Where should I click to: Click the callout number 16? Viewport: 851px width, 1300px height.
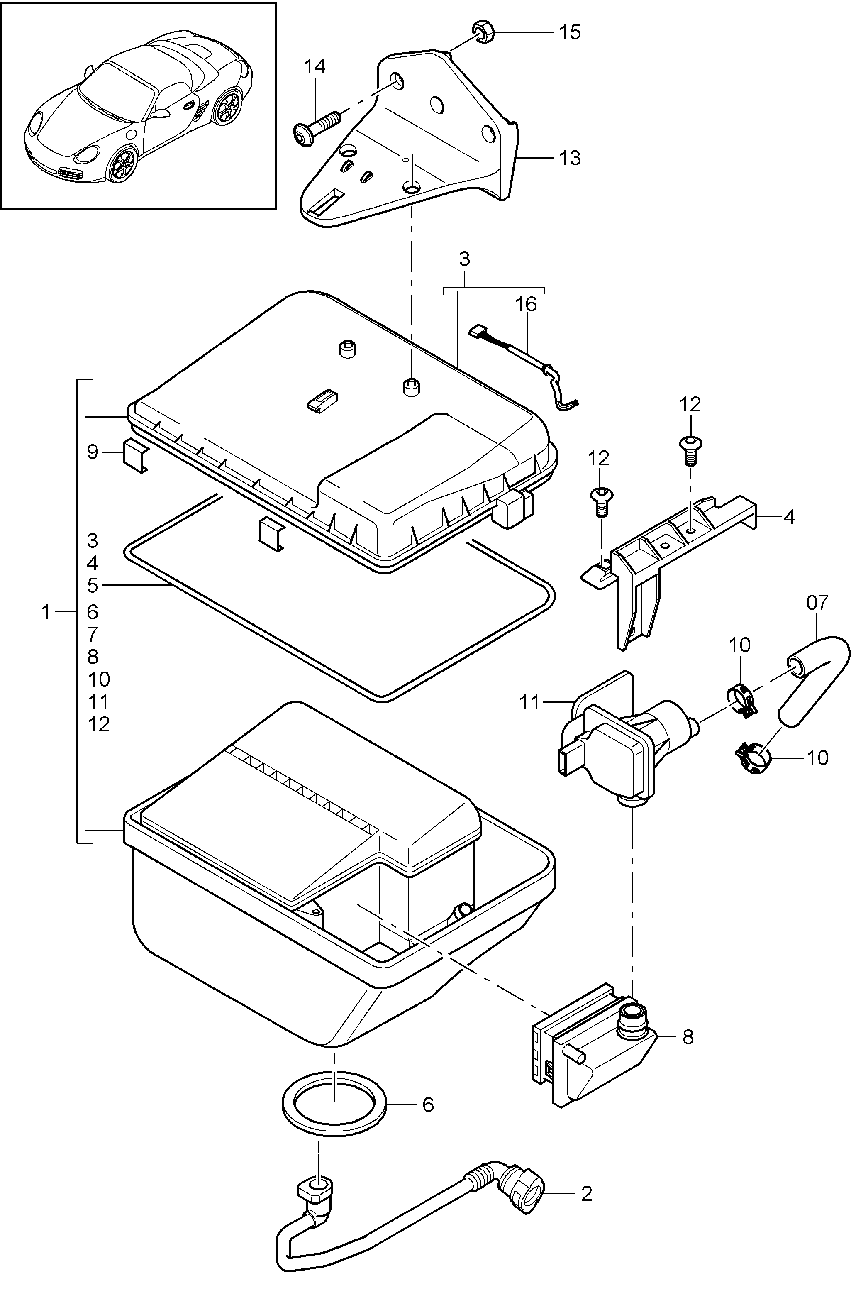(526, 304)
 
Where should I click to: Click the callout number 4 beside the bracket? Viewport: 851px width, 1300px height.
(789, 516)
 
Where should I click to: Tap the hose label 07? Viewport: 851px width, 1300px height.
(817, 603)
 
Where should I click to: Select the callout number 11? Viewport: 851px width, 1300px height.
(529, 702)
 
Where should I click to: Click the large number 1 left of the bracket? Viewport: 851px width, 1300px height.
(46, 612)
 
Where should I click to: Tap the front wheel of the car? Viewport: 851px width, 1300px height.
(122, 164)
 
